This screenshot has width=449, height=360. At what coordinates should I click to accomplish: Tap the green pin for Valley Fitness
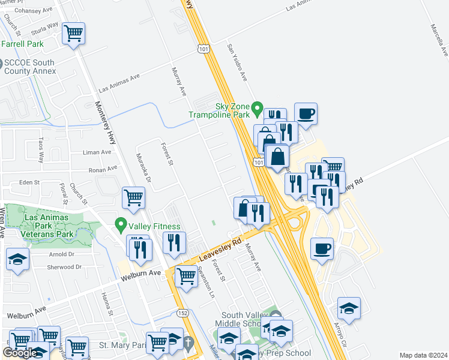coord(121,226)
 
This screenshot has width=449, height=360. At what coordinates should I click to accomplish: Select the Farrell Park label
coord(22,44)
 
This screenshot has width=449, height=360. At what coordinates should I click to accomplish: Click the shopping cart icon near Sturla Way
coord(73,33)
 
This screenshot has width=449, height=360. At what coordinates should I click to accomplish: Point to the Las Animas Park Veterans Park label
coord(49,225)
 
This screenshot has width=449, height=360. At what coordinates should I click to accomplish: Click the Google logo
coord(19,352)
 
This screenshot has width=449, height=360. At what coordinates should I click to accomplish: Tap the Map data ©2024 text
coord(423,355)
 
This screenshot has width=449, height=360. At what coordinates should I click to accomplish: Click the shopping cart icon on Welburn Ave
coord(186,277)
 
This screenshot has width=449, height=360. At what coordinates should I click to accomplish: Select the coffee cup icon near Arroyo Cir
coord(322,248)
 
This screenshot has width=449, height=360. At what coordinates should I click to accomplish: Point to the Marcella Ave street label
coord(438,40)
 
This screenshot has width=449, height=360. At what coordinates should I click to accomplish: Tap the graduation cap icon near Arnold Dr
coord(17,259)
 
